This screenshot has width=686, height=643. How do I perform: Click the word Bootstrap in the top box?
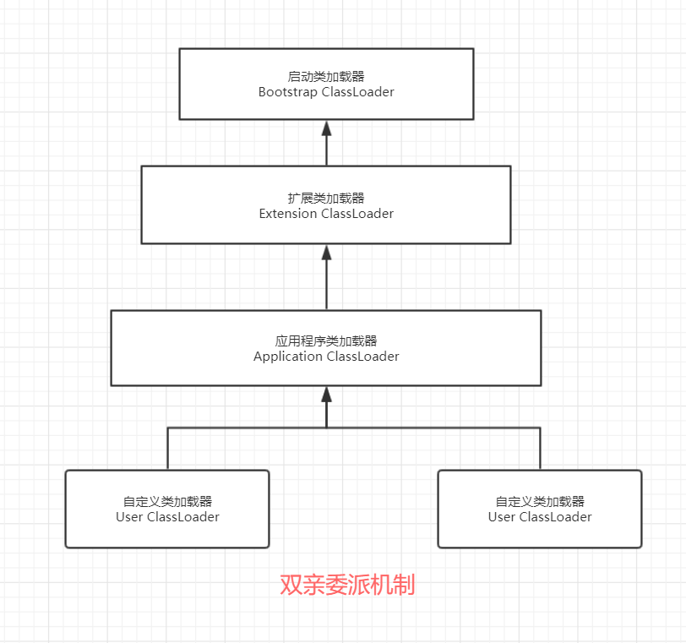click(288, 92)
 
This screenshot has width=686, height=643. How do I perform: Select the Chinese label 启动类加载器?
click(326, 77)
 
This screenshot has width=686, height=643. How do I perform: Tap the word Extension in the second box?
click(288, 214)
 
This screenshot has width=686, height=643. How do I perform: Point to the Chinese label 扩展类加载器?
click(326, 199)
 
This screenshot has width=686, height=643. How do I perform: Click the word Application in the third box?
click(288, 357)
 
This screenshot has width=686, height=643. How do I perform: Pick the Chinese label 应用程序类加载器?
click(326, 341)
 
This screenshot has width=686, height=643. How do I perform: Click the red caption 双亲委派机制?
click(347, 585)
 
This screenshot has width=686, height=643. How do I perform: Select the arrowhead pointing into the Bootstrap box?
click(326, 128)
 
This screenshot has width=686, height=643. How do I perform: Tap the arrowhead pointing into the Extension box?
click(326, 253)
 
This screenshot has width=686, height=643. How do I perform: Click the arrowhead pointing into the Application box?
click(326, 395)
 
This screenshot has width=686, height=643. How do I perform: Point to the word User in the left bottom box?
click(129, 517)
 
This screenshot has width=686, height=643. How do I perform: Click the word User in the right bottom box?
click(502, 517)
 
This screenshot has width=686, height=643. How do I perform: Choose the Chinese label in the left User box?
click(167, 502)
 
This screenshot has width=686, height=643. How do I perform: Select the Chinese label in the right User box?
click(540, 502)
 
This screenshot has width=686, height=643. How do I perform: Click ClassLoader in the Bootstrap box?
click(358, 92)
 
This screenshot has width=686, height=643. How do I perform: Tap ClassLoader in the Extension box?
click(357, 214)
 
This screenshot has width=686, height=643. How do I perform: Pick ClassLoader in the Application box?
click(362, 357)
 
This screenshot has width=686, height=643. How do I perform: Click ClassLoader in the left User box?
click(183, 517)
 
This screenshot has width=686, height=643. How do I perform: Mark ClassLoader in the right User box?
click(556, 517)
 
